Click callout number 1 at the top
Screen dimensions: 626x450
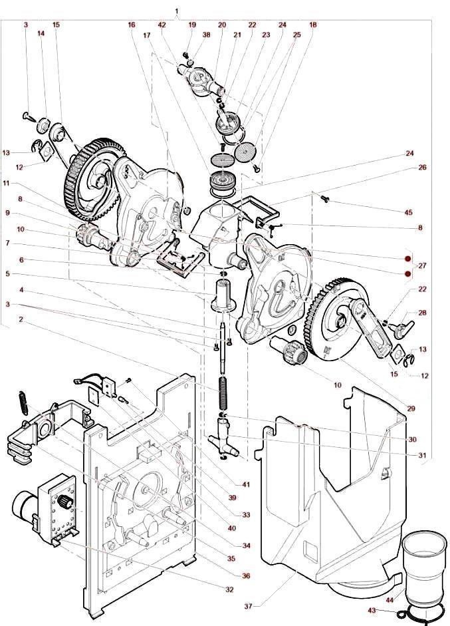tap(176, 12)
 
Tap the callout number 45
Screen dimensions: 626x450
tap(409, 212)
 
